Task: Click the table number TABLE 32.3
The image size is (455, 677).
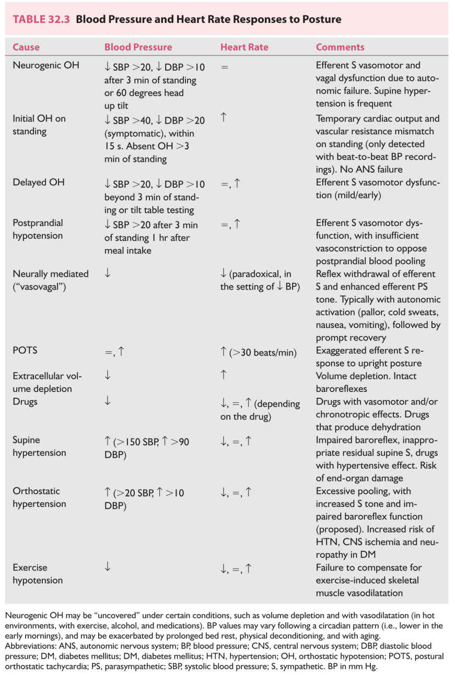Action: [x=42, y=20]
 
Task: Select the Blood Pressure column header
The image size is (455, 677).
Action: [x=138, y=47]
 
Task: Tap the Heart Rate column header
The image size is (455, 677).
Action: [x=244, y=47]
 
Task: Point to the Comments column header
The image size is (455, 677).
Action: [x=340, y=47]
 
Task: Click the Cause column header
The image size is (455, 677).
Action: [x=26, y=47]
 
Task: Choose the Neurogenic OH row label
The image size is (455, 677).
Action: [x=46, y=66]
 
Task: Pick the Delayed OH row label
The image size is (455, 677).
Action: [x=39, y=183]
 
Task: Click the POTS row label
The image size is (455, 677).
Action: [x=25, y=350]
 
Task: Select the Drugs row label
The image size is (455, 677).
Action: [x=25, y=402]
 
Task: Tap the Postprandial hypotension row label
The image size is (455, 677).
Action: [x=38, y=229]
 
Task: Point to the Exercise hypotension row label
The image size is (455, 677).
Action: [x=38, y=574]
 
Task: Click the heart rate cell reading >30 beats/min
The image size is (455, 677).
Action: [x=259, y=352]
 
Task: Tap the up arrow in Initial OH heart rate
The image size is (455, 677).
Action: [x=224, y=118]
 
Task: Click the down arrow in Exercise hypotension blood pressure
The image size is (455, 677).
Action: [x=108, y=567]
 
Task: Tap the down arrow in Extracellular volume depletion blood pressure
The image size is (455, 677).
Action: [x=108, y=375]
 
